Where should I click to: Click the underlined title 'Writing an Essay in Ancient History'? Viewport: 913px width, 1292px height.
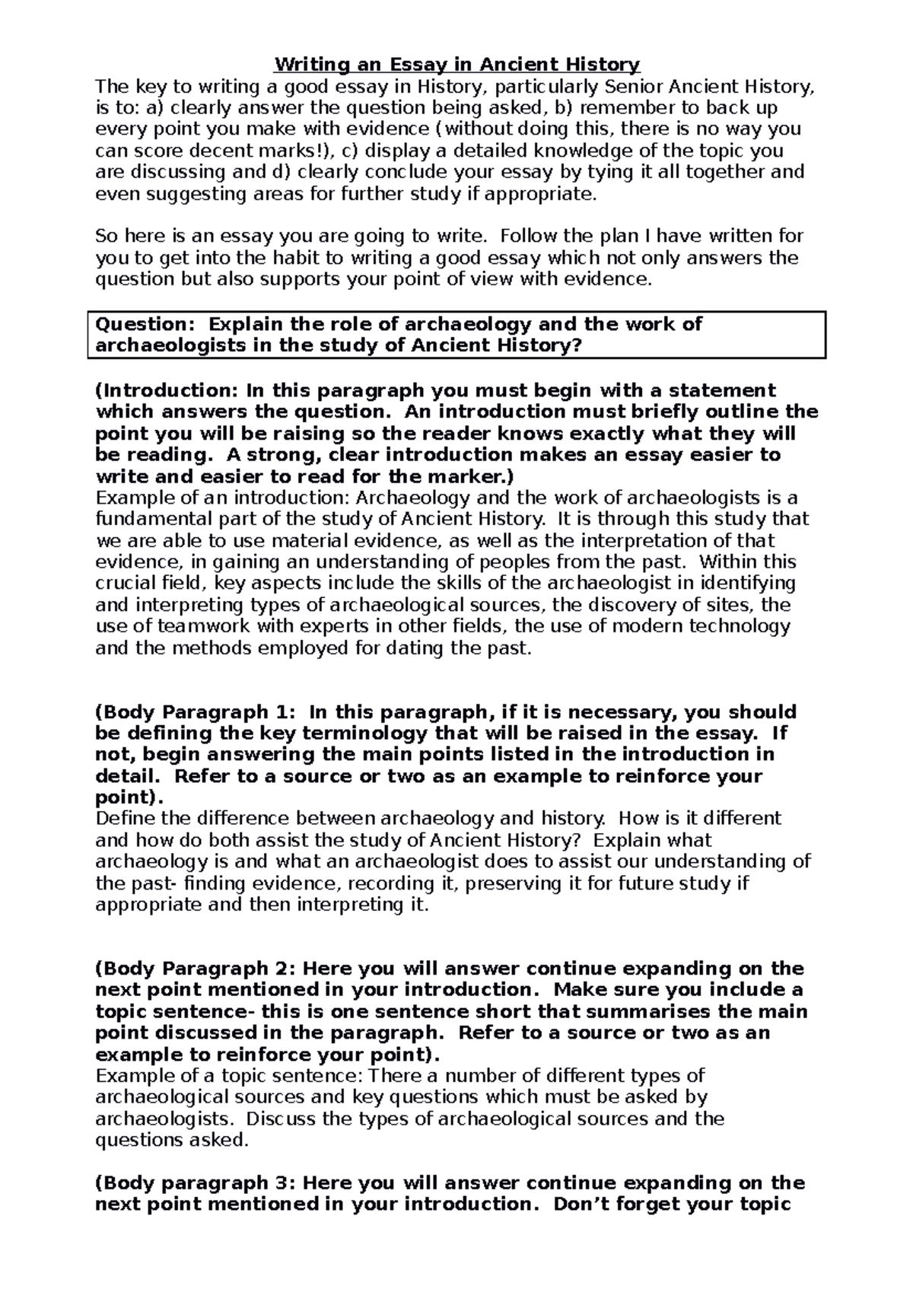[456, 64]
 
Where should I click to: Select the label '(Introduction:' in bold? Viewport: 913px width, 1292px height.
[167, 391]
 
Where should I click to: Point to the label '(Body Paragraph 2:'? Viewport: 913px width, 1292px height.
[195, 969]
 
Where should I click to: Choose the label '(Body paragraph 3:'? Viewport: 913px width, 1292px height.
[193, 1182]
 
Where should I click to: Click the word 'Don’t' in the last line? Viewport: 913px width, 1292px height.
[580, 1204]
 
